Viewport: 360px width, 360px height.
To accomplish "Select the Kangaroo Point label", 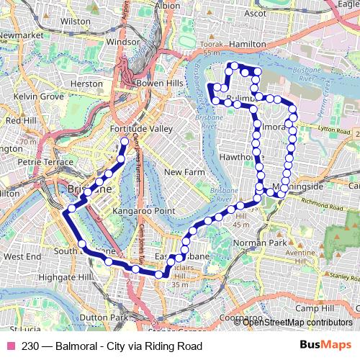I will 144,210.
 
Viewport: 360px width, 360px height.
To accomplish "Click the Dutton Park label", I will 104,317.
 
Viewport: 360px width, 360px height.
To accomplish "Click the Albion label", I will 167,5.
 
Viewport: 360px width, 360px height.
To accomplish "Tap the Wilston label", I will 76,22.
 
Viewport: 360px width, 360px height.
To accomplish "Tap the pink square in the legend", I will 11,346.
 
